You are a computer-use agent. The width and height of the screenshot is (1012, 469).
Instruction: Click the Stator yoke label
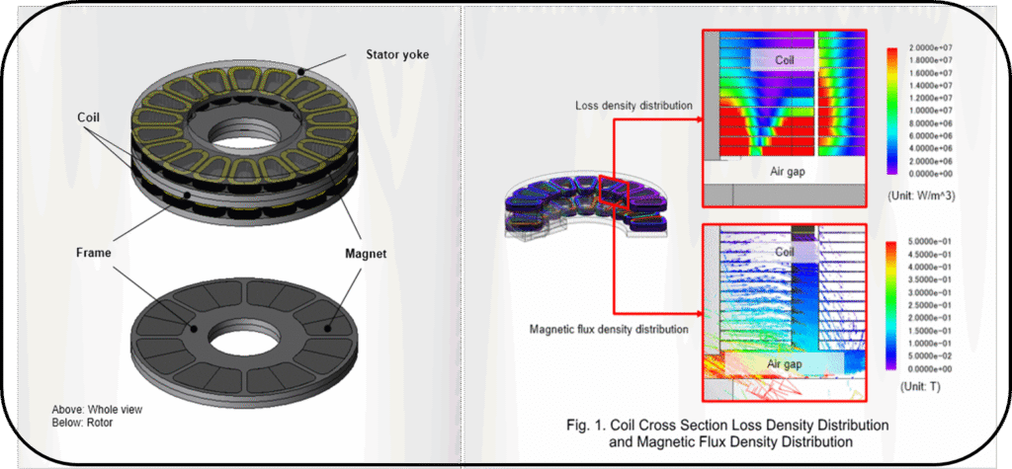393,55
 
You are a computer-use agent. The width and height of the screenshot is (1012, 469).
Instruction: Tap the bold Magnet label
366,254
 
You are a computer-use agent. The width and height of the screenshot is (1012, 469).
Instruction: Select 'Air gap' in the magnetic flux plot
784,364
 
